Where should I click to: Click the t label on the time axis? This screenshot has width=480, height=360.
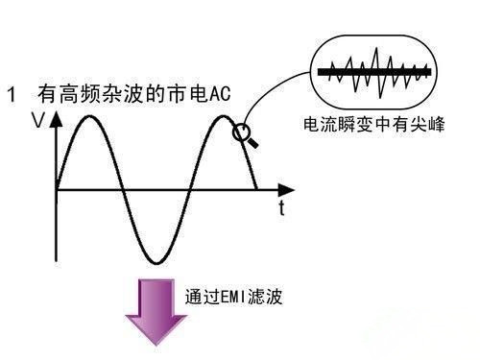pos(281,205)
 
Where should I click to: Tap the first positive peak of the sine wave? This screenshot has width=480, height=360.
pos(89,116)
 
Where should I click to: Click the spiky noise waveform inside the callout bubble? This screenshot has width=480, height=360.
pos(373,71)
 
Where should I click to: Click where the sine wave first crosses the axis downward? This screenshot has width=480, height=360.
pos(121,189)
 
